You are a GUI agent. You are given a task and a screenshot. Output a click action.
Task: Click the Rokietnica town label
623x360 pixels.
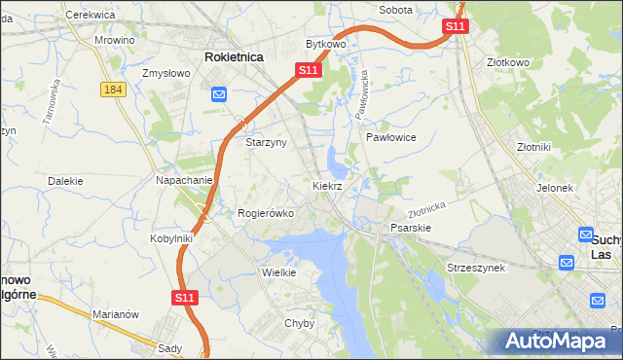[x=235, y=57]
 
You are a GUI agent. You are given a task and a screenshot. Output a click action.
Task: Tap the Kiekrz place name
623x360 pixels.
[x=327, y=185]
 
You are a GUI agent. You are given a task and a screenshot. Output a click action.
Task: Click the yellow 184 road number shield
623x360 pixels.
[x=111, y=89]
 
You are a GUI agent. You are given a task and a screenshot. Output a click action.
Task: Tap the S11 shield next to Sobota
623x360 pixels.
[x=455, y=26]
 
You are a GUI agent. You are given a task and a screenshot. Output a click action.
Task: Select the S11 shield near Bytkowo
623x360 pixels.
[x=308, y=70]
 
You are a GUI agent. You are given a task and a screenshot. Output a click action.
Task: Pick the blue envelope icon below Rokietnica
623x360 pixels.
[x=219, y=94]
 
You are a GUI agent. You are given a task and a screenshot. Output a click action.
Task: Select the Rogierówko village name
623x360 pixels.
[x=266, y=213]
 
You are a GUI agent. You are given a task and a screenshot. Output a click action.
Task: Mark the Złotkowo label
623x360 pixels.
[x=508, y=62]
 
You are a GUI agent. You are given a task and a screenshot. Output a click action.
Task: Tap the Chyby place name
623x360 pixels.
[x=300, y=323]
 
